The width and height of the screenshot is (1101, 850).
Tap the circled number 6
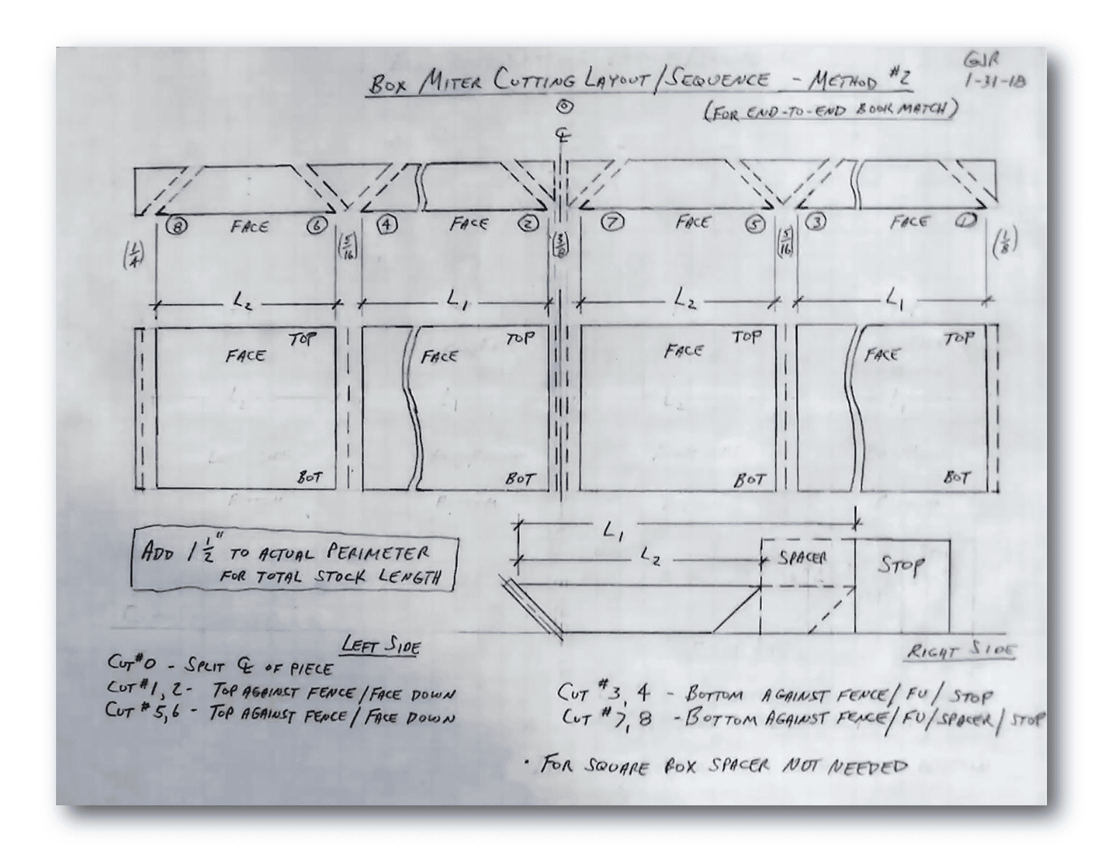318,225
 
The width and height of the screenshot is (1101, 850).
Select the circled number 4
386,224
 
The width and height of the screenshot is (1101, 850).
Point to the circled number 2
529,223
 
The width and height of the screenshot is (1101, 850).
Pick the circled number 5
755,224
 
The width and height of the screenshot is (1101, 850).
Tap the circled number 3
815,222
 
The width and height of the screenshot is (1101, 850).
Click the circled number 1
965,221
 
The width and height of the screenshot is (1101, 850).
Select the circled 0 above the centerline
565,106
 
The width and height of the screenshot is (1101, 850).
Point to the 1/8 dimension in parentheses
1005,242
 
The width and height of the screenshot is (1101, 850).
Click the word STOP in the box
901,566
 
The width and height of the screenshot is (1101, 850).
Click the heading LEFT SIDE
380,645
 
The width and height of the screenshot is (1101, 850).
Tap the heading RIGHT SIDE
962,651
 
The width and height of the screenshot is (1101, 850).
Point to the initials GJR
982,61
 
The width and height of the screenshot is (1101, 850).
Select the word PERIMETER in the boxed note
378,553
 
